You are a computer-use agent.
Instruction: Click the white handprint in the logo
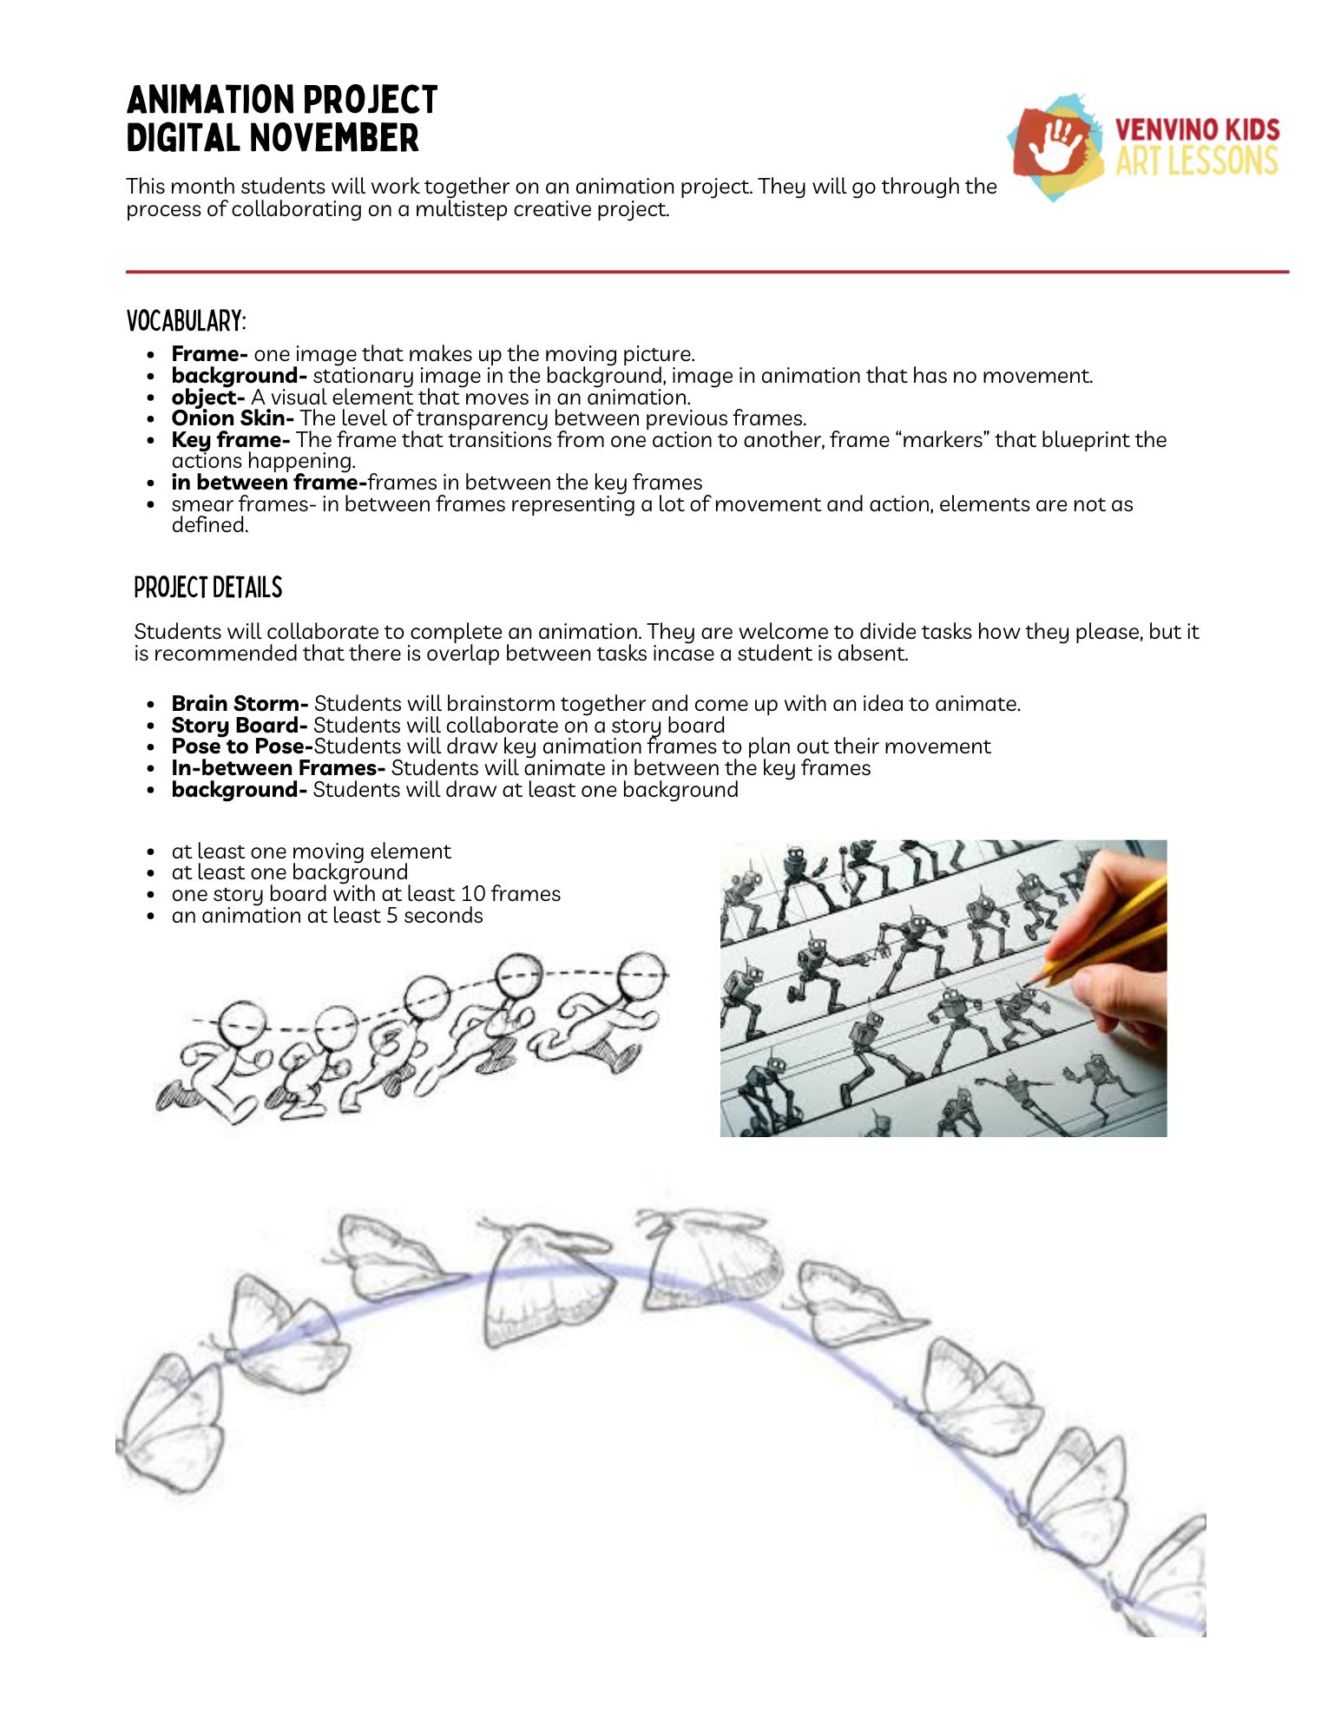[1057, 145]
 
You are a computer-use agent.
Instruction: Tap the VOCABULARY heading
[186, 321]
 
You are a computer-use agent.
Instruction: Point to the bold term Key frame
[230, 440]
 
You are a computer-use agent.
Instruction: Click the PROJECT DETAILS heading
[208, 588]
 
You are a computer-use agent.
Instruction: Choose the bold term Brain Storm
[239, 704]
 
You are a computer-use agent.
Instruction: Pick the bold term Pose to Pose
[241, 746]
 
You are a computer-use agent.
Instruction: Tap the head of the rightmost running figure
[643, 976]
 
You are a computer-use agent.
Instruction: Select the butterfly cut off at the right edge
[1172, 1575]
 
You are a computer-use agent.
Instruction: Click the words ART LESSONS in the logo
[1196, 161]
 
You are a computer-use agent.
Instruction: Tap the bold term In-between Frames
[278, 768]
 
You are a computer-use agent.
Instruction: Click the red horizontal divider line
[707, 272]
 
